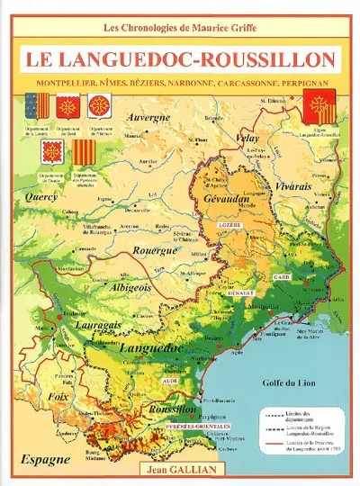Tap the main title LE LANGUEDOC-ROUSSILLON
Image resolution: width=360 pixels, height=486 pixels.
(179, 60)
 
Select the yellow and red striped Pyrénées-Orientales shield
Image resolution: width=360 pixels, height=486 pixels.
(83, 149)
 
